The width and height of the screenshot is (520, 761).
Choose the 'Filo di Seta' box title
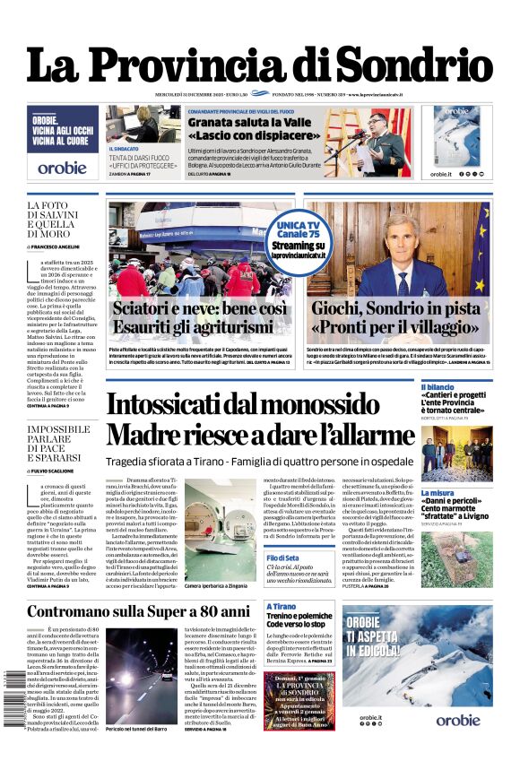pos(284,558)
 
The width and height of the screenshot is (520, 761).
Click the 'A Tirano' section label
pos(281,607)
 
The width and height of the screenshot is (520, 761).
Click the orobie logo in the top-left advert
pos(63,167)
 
